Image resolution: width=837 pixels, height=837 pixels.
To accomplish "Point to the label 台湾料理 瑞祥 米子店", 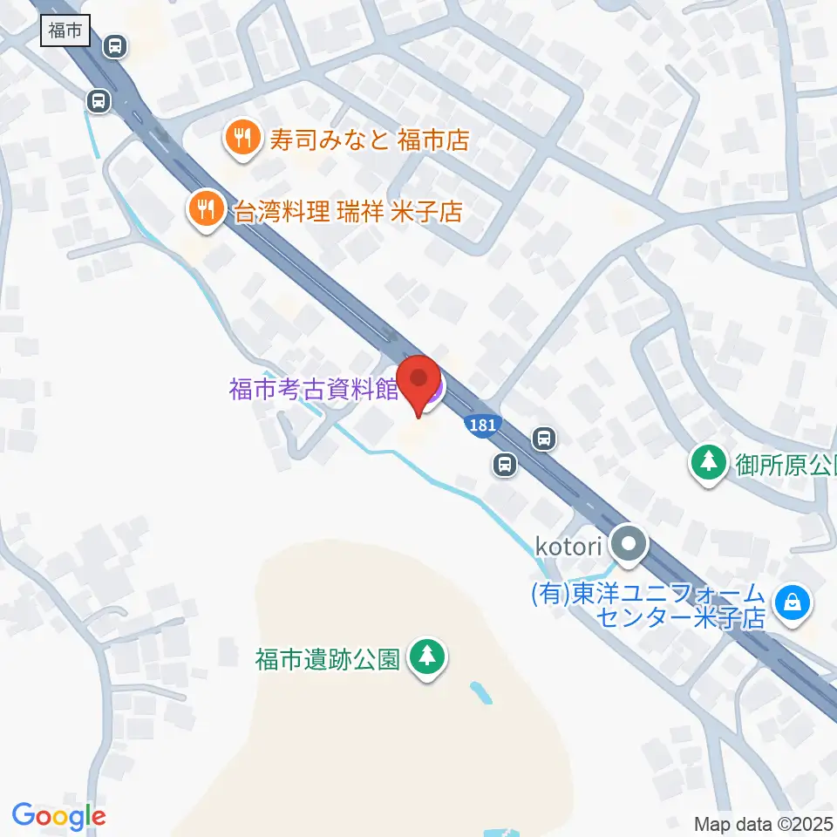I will (x=347, y=212).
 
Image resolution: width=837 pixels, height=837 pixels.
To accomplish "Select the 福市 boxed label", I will (x=65, y=31).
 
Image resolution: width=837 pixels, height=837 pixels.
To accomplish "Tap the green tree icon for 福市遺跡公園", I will (x=427, y=657).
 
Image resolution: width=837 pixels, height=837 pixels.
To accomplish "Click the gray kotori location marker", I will (x=629, y=547).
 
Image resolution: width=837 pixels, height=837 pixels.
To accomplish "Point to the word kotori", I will (x=568, y=548).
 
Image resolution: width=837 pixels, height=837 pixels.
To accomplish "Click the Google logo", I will (x=58, y=816).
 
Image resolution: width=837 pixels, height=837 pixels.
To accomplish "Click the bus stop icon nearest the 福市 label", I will (x=114, y=46).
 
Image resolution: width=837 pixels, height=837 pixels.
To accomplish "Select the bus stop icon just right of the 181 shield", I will (x=544, y=437).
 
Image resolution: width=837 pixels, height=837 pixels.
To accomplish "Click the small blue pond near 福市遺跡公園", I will (x=480, y=693).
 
